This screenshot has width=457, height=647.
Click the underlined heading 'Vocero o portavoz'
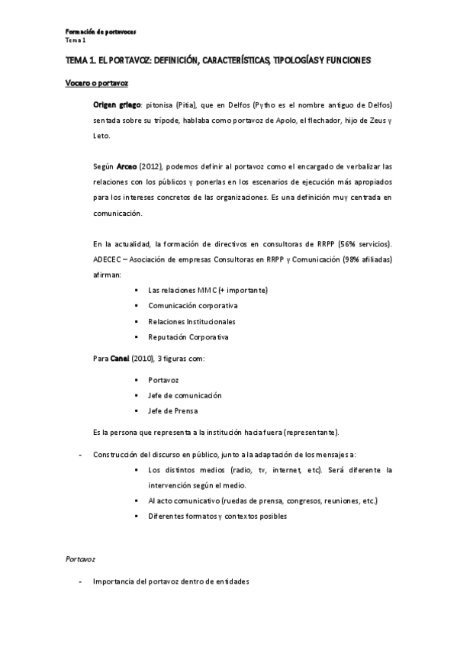click(95, 81)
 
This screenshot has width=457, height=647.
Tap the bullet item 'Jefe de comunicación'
click(185, 395)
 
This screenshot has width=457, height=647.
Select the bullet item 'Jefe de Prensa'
click(174, 411)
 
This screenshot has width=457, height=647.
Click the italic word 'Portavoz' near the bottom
click(79, 559)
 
